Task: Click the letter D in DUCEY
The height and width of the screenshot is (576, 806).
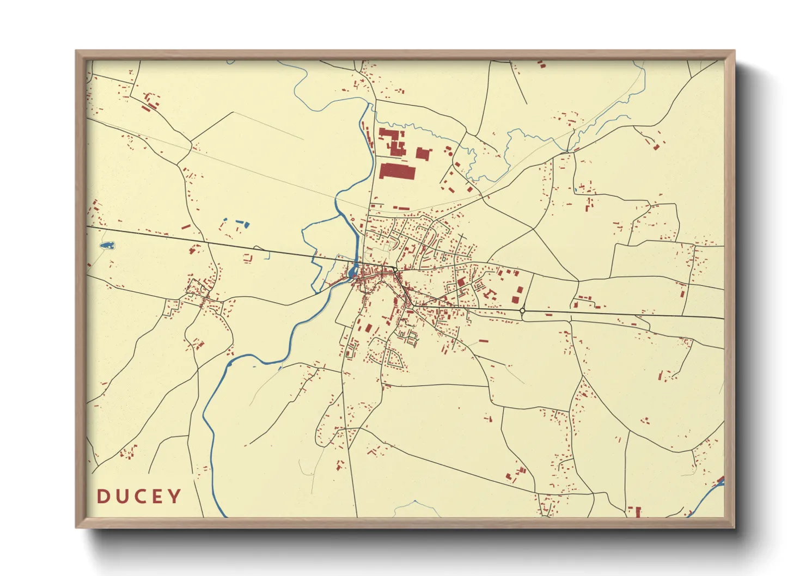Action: point(103,496)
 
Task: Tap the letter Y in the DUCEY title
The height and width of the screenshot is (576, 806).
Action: point(174,496)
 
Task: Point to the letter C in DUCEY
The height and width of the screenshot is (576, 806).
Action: point(139,496)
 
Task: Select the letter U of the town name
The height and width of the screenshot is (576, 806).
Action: point(121,496)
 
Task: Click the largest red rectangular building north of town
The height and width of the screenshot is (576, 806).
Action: point(397,171)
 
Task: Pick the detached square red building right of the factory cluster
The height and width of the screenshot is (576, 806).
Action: point(423,154)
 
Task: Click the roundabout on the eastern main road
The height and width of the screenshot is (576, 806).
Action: point(522,311)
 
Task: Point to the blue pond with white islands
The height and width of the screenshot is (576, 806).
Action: point(107,246)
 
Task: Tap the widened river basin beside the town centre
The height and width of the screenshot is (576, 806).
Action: point(355,269)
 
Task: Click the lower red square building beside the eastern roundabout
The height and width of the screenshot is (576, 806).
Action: point(514,299)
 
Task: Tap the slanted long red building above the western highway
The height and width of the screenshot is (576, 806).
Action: point(186,226)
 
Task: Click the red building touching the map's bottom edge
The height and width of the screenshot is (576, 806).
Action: point(634,512)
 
